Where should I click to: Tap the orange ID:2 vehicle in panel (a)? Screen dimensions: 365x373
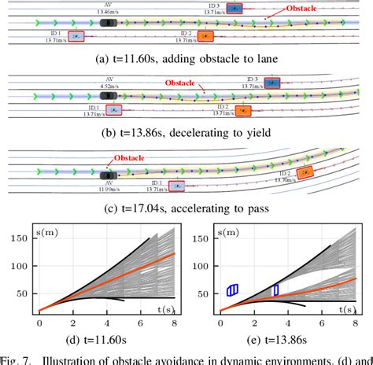pos(205,36)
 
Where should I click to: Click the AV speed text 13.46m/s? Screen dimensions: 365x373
pos(109,12)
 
